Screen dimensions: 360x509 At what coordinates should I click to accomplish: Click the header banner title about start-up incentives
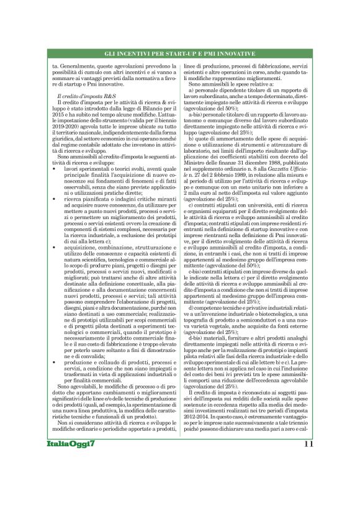(x=179, y=55)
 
